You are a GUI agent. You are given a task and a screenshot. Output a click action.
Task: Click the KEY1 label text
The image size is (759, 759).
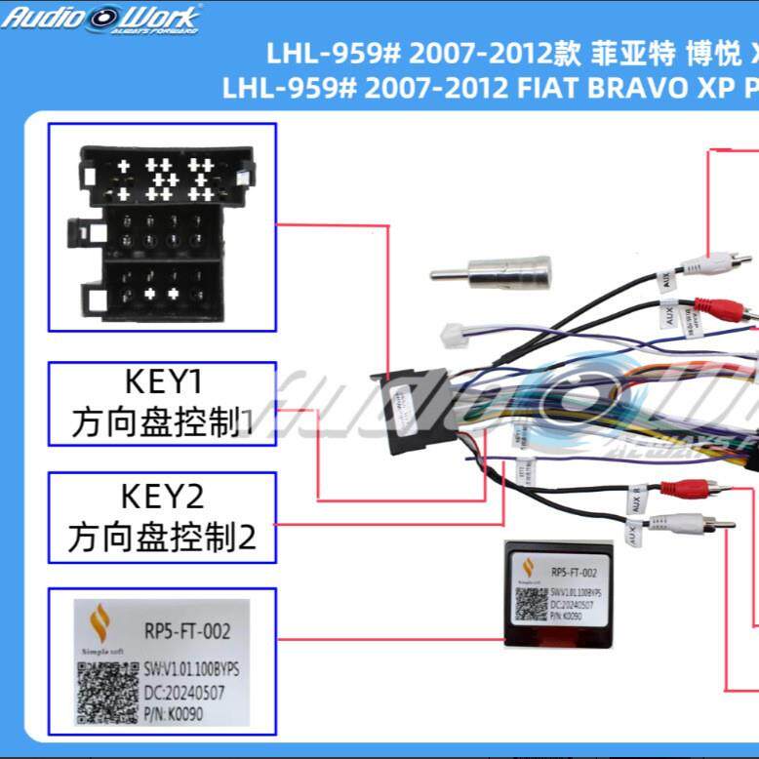(x=162, y=381)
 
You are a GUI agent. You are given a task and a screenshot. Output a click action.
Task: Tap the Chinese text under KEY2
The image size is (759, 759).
(x=162, y=537)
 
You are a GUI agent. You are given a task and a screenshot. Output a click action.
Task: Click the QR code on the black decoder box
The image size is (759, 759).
(x=531, y=605)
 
